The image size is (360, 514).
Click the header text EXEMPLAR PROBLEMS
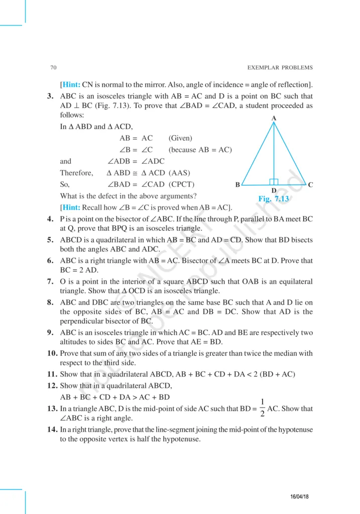280,68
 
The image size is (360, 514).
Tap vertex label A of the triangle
274,118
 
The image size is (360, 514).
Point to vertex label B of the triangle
237,185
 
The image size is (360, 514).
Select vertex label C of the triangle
311,185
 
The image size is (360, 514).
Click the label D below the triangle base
274,191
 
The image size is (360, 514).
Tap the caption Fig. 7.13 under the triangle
274,199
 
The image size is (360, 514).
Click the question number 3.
50,96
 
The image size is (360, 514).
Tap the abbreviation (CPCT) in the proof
182,184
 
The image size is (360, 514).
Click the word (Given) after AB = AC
180,138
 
